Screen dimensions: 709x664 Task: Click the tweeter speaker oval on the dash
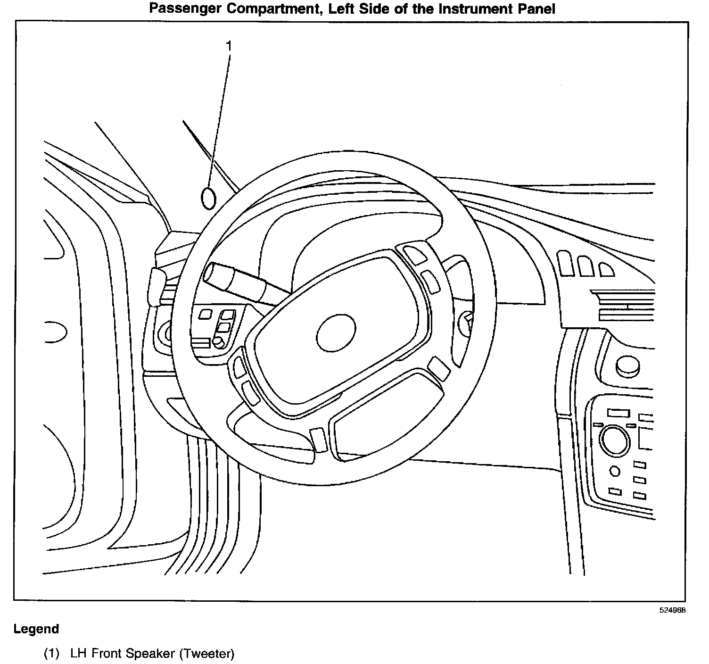tap(208, 198)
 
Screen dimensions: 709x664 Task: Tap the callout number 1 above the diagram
tap(229, 46)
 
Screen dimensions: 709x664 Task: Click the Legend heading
tap(36, 629)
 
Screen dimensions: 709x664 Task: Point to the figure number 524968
tap(672, 610)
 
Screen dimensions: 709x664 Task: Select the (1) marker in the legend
tap(52, 654)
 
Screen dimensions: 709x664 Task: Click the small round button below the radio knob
tap(615, 471)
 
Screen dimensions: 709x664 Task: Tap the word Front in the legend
tap(107, 654)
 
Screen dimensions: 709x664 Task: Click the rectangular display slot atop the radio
tap(618, 413)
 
